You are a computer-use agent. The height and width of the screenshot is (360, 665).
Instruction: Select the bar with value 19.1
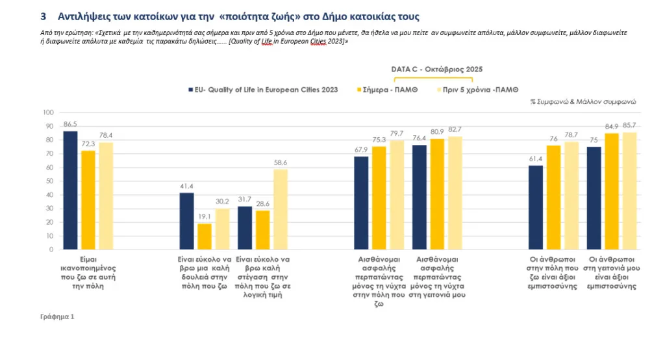pos(205,237)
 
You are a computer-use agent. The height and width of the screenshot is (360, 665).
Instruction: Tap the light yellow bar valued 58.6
pos(280,209)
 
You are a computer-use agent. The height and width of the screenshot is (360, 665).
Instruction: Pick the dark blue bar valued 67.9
pos(361,203)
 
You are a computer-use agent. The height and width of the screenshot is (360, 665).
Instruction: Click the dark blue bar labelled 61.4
pos(536,207)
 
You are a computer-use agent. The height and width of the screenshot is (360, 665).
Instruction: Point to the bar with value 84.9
pos(611,191)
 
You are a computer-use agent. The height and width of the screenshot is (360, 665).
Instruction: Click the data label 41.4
pos(186,186)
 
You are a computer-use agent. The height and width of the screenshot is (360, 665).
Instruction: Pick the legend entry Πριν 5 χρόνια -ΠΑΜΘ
pos(481,90)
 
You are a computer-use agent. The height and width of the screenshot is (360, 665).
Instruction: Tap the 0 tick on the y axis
pos(51,250)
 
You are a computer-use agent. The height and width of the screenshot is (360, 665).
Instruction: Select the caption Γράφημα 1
pos(58,316)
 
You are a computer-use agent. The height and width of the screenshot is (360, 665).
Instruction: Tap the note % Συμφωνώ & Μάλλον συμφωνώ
pos(583,102)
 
